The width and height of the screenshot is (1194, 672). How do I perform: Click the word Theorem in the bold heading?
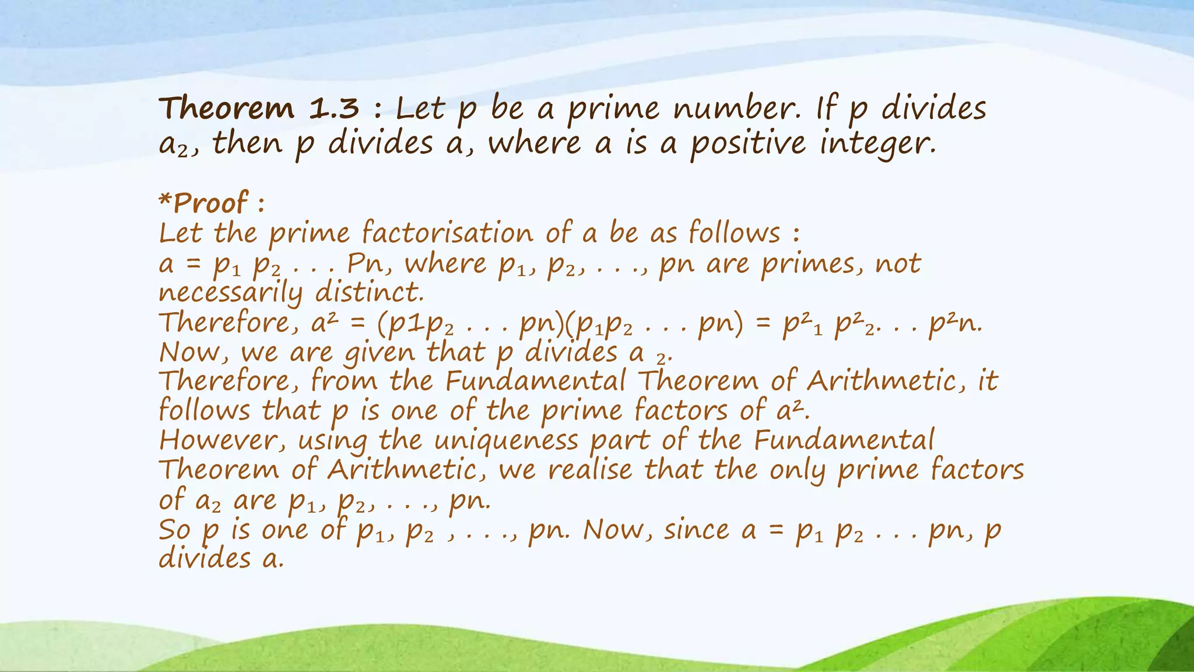coord(227,108)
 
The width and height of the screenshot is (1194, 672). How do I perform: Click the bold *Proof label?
coord(203,203)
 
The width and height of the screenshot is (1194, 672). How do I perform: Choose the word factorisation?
coord(447,233)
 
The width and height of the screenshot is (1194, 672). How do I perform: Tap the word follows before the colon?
coord(734,233)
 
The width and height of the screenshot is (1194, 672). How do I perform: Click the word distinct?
coord(369,292)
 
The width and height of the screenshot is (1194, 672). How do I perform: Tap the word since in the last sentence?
coord(697,530)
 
